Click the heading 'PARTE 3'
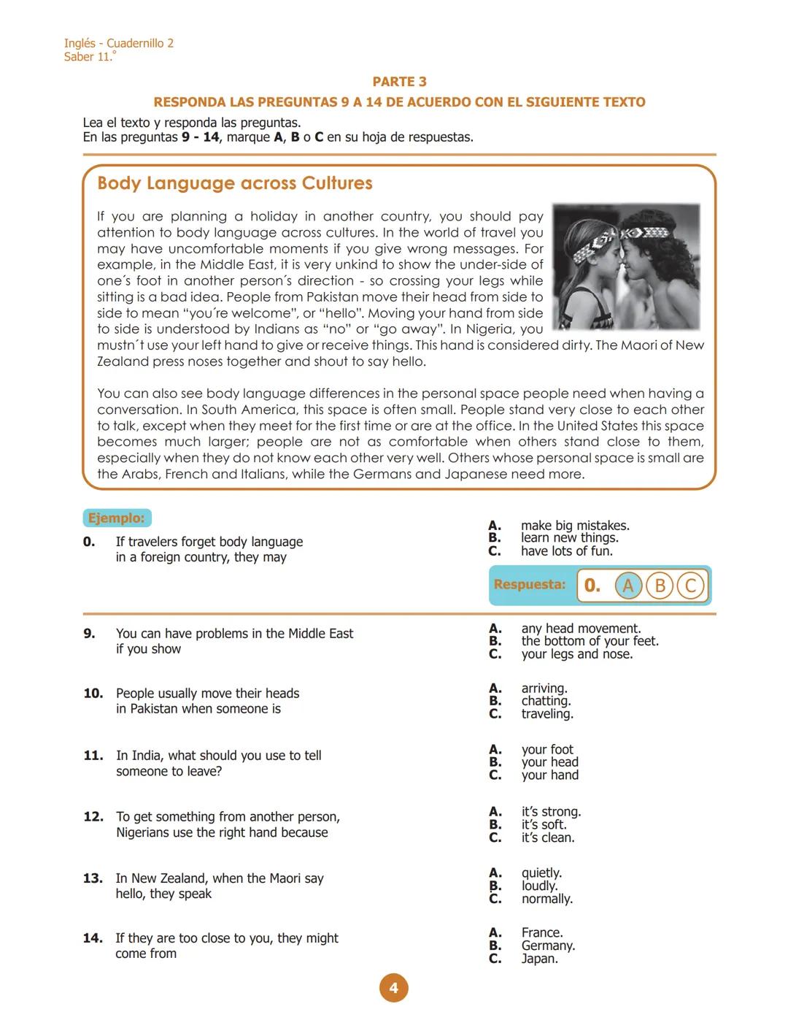tap(399, 82)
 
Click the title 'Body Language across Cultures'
tap(235, 183)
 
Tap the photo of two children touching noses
tap(626, 266)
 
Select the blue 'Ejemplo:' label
tap(117, 518)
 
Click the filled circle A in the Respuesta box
tap(627, 586)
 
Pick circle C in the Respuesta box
tap(690, 586)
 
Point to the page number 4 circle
tap(393, 988)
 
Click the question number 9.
tap(89, 634)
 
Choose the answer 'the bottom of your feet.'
tap(590, 641)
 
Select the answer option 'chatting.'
tap(546, 701)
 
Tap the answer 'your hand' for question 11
tap(549, 775)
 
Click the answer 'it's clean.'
tap(547, 837)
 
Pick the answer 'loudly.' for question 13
tap(539, 886)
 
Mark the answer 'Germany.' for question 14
tap(548, 946)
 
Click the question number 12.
tap(93, 816)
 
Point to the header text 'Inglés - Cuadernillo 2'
tap(119, 43)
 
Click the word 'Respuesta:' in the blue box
tap(530, 585)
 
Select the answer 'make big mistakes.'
tap(575, 526)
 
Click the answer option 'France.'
tap(542, 932)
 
